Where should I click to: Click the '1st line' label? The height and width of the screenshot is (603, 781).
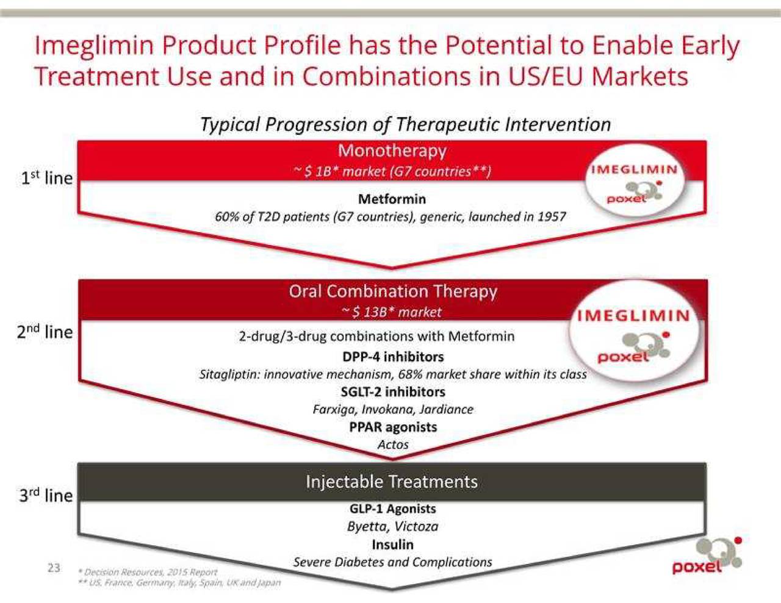click(47, 177)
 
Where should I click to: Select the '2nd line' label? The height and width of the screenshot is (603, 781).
click(45, 331)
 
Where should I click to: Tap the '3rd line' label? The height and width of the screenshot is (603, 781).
click(46, 495)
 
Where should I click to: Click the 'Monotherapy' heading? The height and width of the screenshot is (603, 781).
click(392, 151)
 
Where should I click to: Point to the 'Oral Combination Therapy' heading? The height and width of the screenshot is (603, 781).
click(393, 291)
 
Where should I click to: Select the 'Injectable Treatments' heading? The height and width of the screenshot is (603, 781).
click(392, 482)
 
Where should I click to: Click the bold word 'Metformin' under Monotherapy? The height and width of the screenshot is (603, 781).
click(392, 199)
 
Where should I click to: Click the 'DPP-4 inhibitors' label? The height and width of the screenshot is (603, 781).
click(393, 357)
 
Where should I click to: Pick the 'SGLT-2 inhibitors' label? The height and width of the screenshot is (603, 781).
click(393, 391)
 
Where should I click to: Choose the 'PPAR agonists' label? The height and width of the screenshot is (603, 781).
click(393, 427)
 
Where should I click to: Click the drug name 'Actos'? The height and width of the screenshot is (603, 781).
click(393, 444)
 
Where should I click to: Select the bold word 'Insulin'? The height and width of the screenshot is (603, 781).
click(392, 544)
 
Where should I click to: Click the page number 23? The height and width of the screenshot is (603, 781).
click(54, 568)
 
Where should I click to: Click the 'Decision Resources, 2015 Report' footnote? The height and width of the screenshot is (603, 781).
click(148, 572)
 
